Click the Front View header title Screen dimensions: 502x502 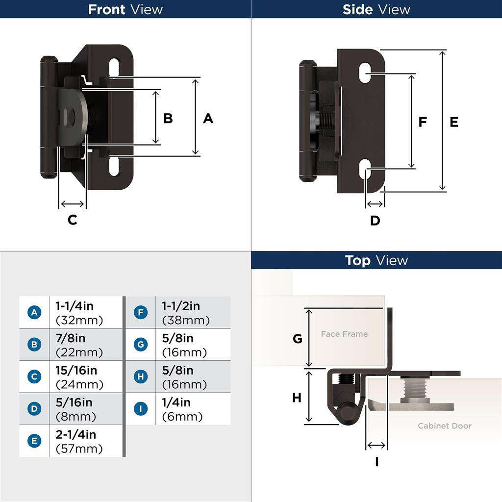tap(125, 9)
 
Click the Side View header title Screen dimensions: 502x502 tap(376, 9)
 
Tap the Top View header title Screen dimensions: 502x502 tap(376, 260)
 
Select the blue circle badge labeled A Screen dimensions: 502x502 tap(34, 312)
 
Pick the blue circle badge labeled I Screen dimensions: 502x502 tap(141, 409)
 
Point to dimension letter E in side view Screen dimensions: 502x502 tap(454, 122)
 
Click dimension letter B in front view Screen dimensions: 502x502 tap(168, 119)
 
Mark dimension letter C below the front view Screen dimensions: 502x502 tap(72, 220)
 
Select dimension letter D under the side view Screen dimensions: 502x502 tap(375, 221)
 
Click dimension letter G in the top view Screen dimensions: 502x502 tap(297, 339)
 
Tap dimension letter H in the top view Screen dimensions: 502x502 tap(297, 398)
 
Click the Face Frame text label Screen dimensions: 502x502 tap(344, 334)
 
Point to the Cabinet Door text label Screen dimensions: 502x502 tap(444, 426)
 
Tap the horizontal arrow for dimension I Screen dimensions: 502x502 tap(376, 445)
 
